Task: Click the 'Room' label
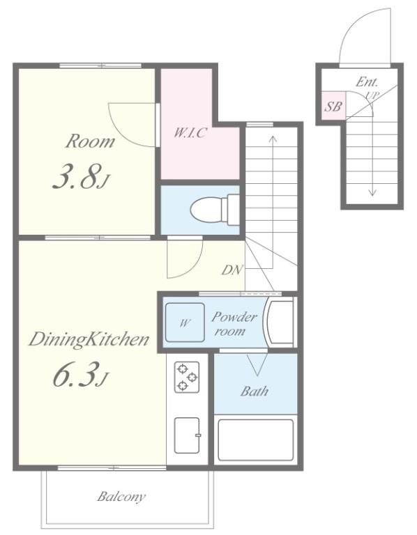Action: point(90,141)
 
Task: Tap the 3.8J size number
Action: point(81,177)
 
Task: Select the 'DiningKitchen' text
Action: point(89,339)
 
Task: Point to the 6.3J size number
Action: point(81,375)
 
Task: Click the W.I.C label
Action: point(190,132)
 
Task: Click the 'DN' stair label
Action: point(232,270)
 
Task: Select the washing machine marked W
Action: point(185,322)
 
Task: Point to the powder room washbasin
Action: point(280,322)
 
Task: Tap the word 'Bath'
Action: point(254,391)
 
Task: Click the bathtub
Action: point(256,440)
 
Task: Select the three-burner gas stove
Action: point(187,377)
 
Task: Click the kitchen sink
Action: point(187,435)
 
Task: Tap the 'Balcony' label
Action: point(121,497)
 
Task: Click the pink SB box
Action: point(333,106)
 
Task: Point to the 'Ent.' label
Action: point(367,82)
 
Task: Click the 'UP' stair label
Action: point(372,96)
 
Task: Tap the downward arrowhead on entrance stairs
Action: point(372,193)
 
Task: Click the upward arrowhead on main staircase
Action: point(273,139)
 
